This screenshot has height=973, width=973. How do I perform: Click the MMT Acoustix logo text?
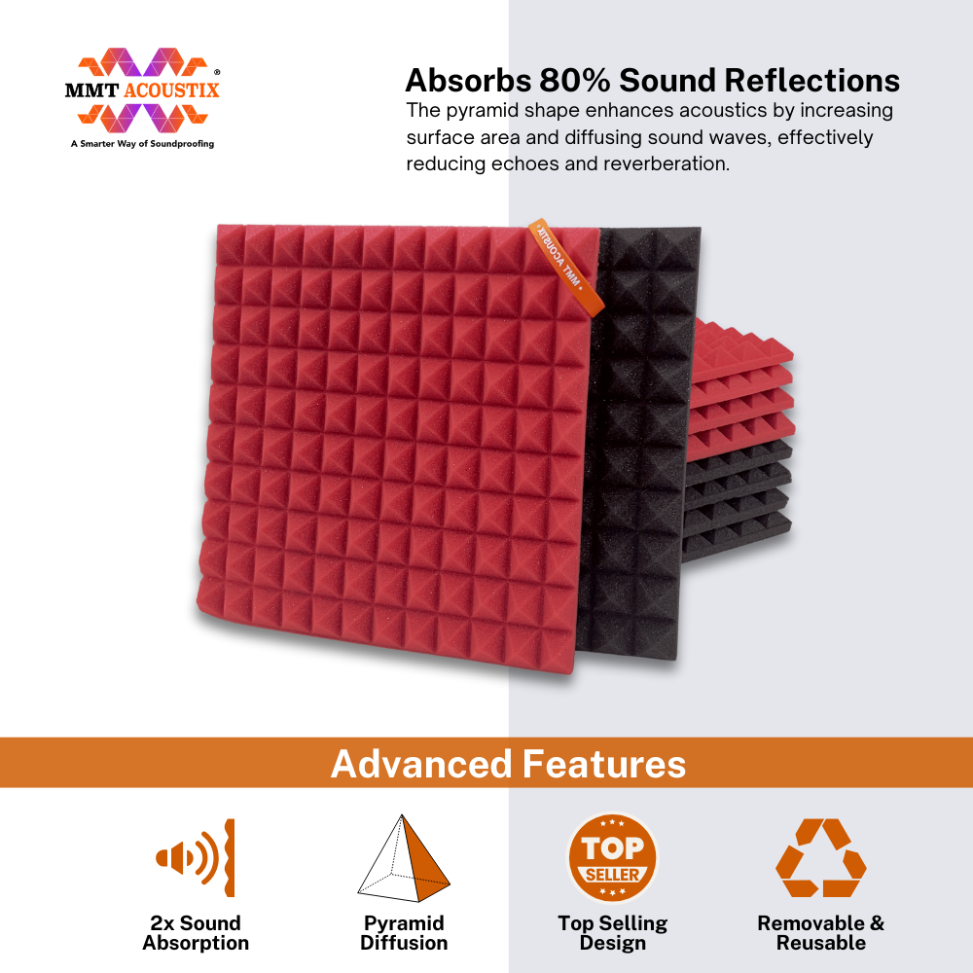tap(142, 90)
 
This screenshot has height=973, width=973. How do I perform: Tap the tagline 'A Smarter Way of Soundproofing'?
tap(142, 143)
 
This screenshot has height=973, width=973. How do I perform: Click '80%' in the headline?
tap(575, 81)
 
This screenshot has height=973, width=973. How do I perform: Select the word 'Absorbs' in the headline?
tap(469, 81)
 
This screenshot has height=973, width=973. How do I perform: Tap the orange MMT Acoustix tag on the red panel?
tap(566, 267)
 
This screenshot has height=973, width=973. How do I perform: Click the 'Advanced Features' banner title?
tap(508, 764)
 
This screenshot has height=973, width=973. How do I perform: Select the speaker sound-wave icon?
tap(196, 857)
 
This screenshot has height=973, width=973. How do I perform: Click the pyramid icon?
tap(404, 858)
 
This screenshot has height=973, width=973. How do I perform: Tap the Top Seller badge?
tap(612, 858)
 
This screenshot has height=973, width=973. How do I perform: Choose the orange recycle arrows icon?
tap(821, 857)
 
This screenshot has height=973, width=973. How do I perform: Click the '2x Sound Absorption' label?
tap(196, 933)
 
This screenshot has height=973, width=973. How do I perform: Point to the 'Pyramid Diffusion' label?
tap(404, 933)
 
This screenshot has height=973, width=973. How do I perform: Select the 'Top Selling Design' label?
tap(612, 933)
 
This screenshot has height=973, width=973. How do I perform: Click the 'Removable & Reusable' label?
tap(821, 933)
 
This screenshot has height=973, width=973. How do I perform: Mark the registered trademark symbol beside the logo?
tap(217, 73)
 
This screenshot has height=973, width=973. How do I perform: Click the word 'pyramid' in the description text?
tap(483, 111)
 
